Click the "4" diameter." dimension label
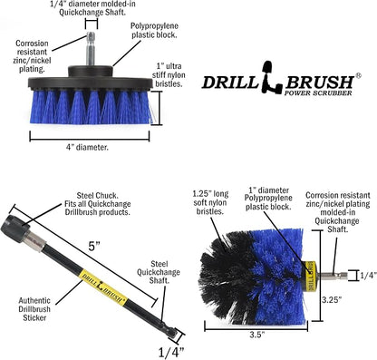point(87,148)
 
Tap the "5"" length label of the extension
point(94,246)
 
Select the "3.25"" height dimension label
point(332,300)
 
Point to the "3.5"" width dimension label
point(257,335)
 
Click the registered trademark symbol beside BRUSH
point(358,76)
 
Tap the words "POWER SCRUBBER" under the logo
point(318,92)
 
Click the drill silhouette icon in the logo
point(270,76)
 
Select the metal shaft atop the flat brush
point(91,49)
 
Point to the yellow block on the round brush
point(310,276)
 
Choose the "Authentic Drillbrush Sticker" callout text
point(34,309)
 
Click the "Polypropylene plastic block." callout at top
point(154,30)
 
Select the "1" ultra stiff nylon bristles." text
point(169,74)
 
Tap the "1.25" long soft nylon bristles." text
point(210,202)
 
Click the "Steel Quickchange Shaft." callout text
point(159,272)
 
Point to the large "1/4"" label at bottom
point(171,352)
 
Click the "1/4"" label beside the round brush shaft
point(369,276)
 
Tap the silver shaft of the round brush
point(332,276)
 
